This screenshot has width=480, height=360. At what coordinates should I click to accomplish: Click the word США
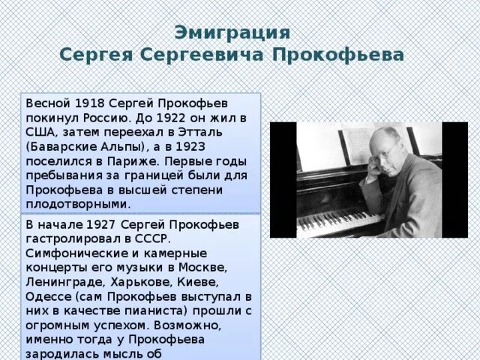[40, 132]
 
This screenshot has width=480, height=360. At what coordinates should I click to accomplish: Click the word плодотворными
[78, 203]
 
